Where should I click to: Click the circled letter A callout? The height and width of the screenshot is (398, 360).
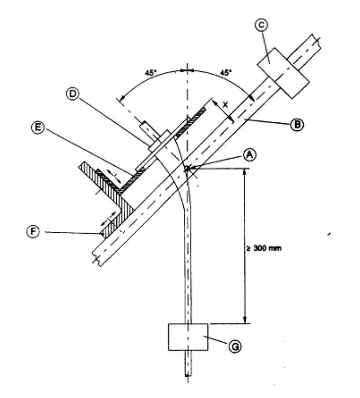pos(250,155)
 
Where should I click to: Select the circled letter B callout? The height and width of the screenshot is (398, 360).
pos(297,125)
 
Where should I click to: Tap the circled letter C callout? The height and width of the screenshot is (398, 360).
pos(262,25)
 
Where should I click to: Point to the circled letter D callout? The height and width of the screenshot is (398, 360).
pos(72,94)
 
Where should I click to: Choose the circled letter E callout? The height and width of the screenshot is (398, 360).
pos(38,128)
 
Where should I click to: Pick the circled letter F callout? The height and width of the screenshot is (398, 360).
pos(33,232)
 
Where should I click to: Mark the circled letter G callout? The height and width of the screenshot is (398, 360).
pos(235,346)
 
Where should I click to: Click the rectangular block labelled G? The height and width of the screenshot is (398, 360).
pos(188,337)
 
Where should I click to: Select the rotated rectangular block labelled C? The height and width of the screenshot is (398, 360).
pos(283,73)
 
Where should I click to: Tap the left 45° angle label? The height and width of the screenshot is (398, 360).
pos(150,73)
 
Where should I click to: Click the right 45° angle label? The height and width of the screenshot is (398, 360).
pos(226,72)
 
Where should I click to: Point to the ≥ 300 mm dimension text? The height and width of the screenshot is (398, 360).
pos(264,248)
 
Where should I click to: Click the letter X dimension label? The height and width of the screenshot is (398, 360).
pos(225,104)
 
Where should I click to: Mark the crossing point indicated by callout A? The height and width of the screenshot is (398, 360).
pos(187,168)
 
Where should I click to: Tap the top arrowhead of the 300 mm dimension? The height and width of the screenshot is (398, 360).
pos(244,171)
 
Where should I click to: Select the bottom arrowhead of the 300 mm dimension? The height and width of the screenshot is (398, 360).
pos(245,320)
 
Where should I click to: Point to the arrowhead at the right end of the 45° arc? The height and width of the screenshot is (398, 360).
pos(251,98)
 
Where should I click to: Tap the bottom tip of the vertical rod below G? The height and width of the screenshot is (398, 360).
pos(188,375)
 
